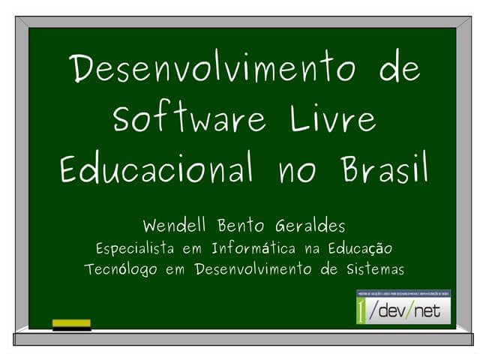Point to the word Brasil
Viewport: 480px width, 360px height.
tap(384, 169)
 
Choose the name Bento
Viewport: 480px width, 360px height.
tap(243, 225)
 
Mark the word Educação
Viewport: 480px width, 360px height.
tap(358, 248)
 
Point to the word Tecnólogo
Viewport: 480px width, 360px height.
tap(121, 269)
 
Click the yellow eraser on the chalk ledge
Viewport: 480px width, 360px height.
tap(71, 325)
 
